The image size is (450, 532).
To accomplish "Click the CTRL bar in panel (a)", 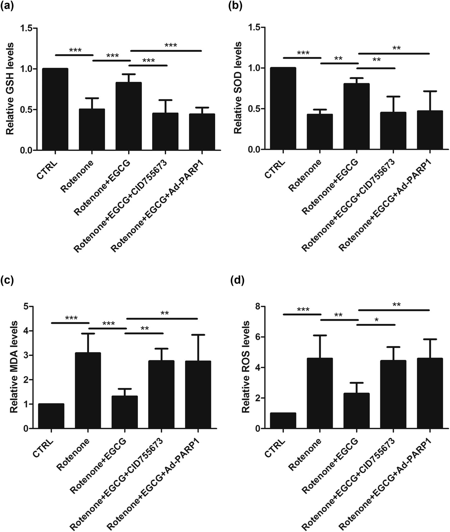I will pos(55,109).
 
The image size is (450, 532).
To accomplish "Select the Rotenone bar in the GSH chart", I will pos(92,130).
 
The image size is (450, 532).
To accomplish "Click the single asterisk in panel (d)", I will pos(377,320).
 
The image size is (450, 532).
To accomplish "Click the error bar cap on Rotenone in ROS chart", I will pos(320,335).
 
